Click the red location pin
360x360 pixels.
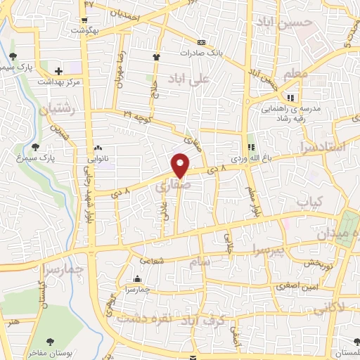tap(181, 165)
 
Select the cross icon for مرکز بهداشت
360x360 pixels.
tap(58, 71)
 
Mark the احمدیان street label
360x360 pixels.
tap(130, 14)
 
